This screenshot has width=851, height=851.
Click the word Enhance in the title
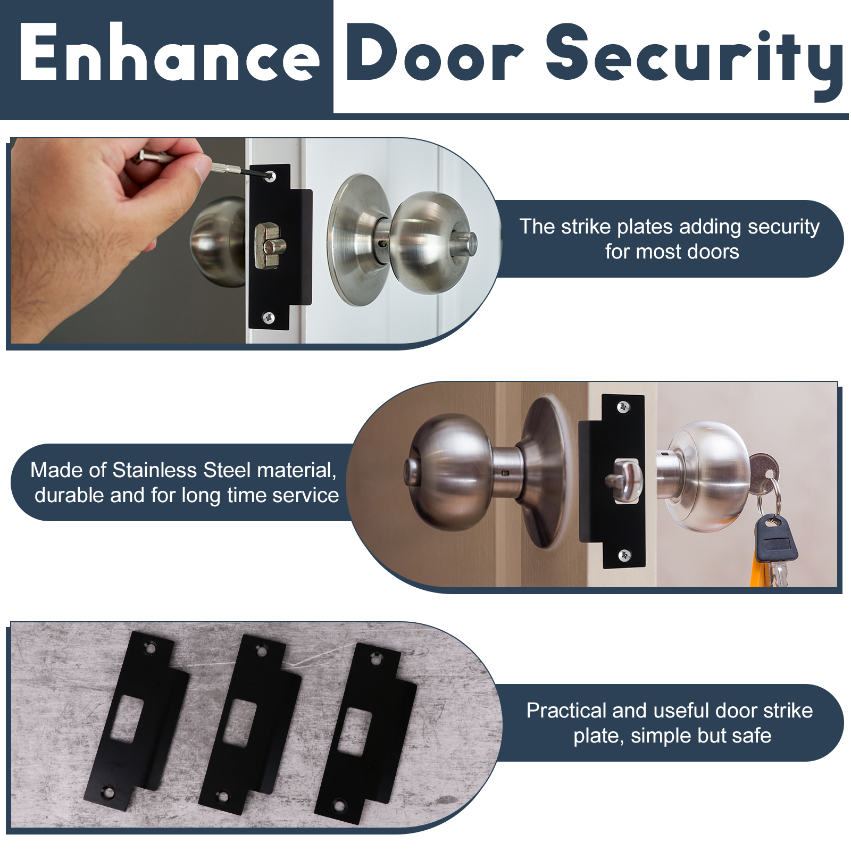169,53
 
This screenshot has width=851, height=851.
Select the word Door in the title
435,53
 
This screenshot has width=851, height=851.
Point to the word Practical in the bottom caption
566,711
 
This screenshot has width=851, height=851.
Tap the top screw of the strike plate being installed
270,176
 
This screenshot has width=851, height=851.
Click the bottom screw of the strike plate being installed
269,318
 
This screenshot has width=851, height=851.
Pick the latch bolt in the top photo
270,246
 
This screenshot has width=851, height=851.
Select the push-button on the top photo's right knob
464,244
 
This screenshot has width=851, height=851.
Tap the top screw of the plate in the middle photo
623,407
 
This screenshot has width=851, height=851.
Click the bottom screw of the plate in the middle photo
624,555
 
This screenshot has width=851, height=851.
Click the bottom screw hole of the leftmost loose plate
109,794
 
